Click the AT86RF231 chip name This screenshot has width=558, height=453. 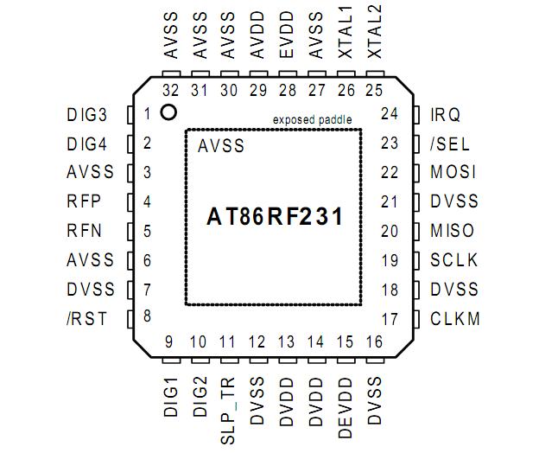pyautogui.click(x=275, y=217)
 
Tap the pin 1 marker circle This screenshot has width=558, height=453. pyautogui.click(x=168, y=112)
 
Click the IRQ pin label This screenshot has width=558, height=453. pyautogui.click(x=445, y=114)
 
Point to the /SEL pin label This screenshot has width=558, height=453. pyautogui.click(x=451, y=144)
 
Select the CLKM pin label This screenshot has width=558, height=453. pyautogui.click(x=455, y=319)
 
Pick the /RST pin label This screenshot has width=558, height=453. pyautogui.click(x=88, y=319)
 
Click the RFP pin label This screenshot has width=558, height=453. pyautogui.click(x=84, y=201)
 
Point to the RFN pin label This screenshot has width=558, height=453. pyautogui.click(x=84, y=231)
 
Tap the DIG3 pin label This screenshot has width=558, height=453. pyautogui.click(x=87, y=114)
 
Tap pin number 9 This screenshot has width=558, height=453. pyautogui.click(x=169, y=342)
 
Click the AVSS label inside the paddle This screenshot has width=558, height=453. pyautogui.click(x=221, y=146)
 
